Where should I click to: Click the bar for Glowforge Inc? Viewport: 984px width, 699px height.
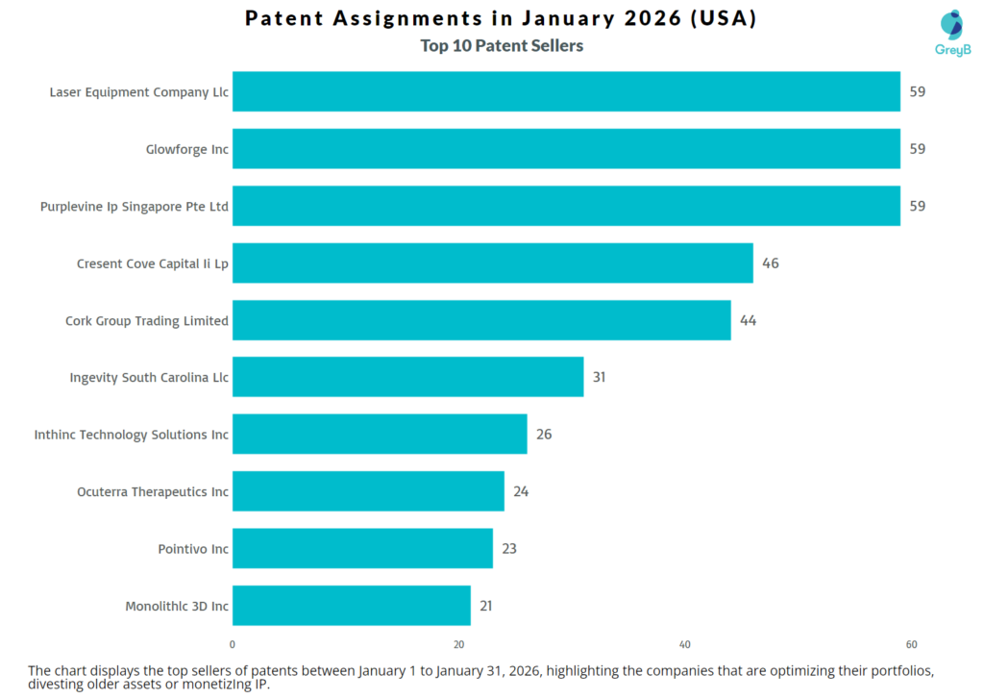tap(566, 149)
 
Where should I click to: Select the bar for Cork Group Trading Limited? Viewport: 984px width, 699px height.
tap(481, 320)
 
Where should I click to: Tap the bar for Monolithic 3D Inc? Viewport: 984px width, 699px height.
tap(352, 606)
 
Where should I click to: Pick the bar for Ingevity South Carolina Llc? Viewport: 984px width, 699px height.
tap(407, 377)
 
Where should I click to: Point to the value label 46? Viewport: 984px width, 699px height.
tap(771, 263)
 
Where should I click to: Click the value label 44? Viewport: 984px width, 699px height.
tap(748, 320)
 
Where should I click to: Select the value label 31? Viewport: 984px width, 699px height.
tap(599, 377)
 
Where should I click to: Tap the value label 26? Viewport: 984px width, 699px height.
tap(544, 435)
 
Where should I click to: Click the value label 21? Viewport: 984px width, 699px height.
tap(486, 606)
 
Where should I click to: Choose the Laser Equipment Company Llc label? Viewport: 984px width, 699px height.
tap(139, 92)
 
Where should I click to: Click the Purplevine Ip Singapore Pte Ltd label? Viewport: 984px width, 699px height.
tap(135, 207)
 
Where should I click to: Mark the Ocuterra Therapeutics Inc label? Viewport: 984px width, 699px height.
tap(153, 491)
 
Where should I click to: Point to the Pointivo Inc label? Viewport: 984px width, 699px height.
tap(193, 549)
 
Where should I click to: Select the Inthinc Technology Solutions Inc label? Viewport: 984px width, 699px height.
tap(132, 435)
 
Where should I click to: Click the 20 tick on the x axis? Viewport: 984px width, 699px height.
tap(458, 644)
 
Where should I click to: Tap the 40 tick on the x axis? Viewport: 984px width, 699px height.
tap(685, 644)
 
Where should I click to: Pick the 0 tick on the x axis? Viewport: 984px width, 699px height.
tap(233, 644)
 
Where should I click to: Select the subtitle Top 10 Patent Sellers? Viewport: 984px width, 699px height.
tap(502, 45)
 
